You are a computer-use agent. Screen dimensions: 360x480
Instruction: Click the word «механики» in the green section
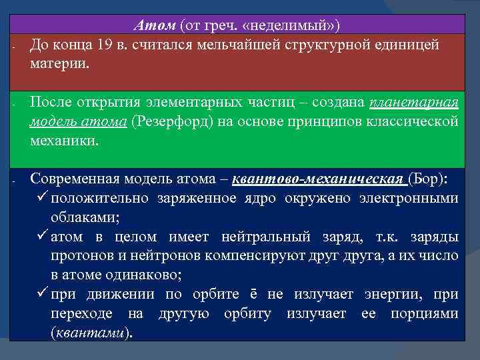click(x=64, y=141)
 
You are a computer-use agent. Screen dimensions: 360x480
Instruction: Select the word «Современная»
click(x=77, y=179)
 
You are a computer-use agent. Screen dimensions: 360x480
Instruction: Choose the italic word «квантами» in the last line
click(x=91, y=333)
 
